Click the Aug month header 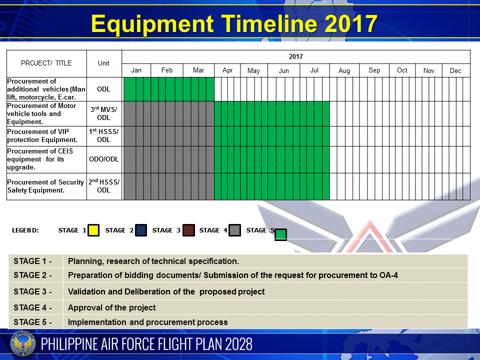344,70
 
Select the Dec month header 455,70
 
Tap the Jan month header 136,70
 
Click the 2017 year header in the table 295,56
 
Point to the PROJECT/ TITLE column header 46,63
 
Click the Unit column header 103,63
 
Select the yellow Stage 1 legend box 93,230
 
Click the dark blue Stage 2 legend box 141,230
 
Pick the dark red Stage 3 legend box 188,230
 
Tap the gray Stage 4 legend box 235,230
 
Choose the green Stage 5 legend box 280,235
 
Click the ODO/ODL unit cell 104,159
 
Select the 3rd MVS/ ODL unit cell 104,113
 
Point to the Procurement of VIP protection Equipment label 42,135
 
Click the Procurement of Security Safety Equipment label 45,186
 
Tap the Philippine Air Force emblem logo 23,344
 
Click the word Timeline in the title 269,23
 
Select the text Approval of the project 111,307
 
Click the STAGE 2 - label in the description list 32,275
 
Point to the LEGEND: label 25,230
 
